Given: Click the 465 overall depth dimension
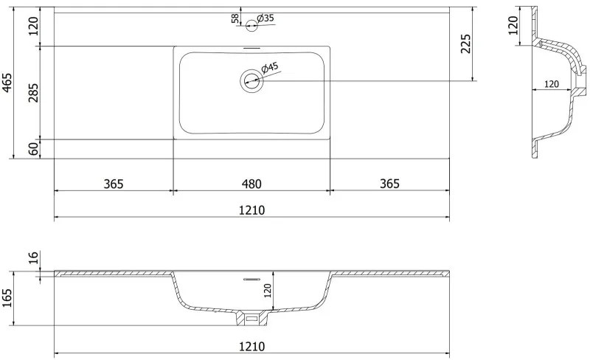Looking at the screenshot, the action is (7, 83).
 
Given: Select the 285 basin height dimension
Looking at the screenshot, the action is (33, 93).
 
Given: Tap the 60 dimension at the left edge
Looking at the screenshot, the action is (33, 149).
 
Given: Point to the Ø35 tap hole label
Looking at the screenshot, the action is (265, 18).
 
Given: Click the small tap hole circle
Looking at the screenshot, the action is (251, 26).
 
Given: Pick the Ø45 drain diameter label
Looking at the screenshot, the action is (270, 67).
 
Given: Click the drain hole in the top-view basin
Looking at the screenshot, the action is (251, 80).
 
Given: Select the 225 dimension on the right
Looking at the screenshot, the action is (466, 44).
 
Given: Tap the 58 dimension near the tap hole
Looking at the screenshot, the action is (235, 18).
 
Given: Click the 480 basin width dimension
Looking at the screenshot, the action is (251, 184).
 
